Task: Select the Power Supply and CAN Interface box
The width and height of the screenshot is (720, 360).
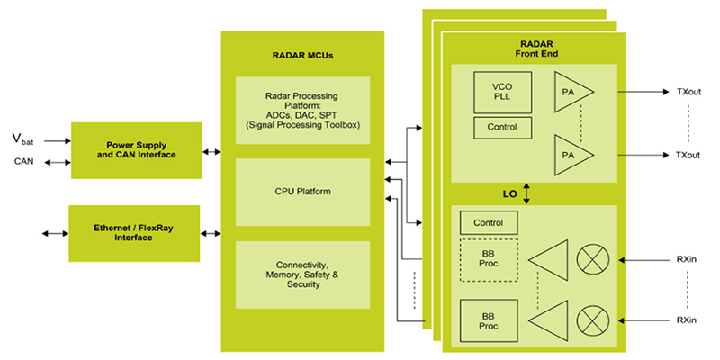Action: [135, 150]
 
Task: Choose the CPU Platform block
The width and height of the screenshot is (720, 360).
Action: [302, 191]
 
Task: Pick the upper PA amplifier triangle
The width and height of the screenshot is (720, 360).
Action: [572, 93]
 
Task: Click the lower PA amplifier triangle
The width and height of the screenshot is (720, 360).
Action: [572, 155]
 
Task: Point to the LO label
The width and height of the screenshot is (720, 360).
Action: [510, 193]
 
